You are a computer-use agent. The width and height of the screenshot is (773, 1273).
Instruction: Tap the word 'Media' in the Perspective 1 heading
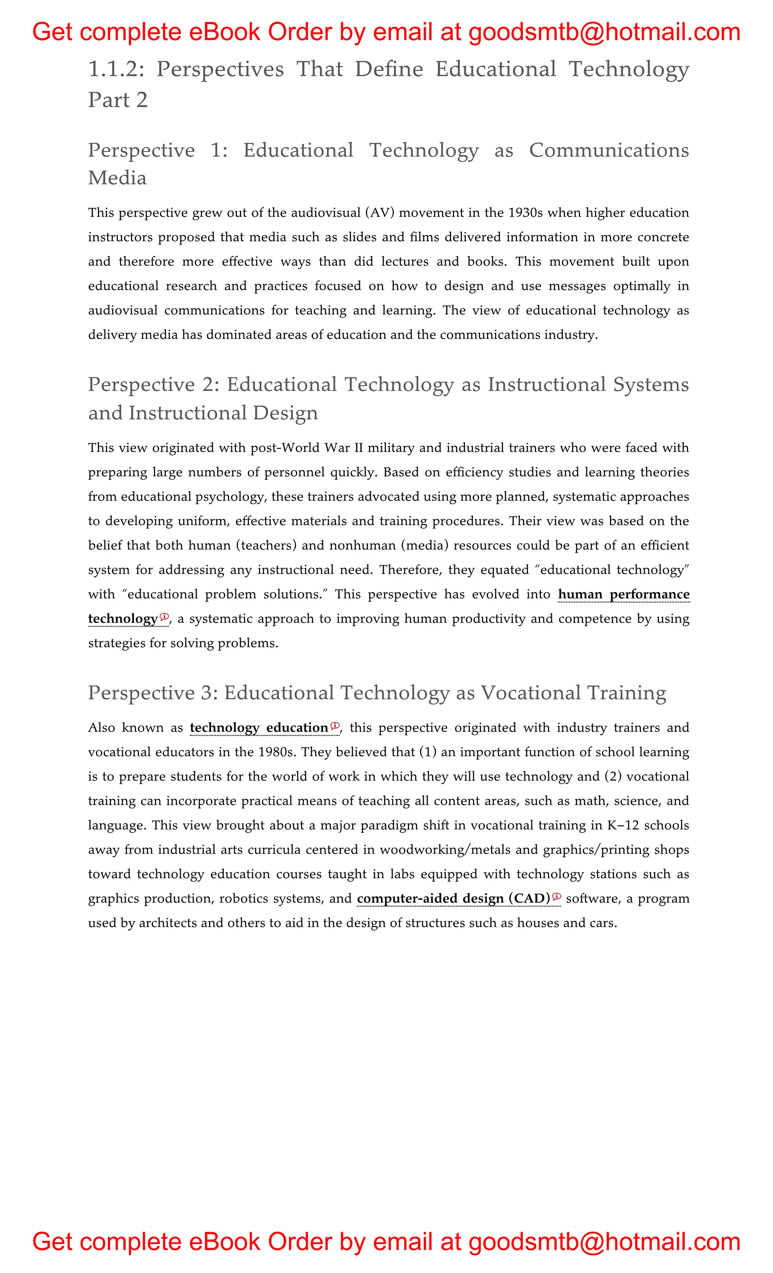pos(117,178)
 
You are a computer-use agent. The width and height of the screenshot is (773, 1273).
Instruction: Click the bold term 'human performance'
pos(624,594)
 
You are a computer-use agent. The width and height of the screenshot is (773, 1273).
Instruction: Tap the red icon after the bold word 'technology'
pos(164,617)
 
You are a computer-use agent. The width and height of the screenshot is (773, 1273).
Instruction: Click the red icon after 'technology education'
pos(335,726)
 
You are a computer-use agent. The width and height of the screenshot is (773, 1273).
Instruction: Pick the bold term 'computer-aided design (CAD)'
pos(454,899)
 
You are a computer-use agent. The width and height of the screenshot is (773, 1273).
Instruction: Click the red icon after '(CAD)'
pos(556,897)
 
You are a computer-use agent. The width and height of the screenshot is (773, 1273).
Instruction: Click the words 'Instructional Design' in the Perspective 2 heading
pos(223,413)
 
